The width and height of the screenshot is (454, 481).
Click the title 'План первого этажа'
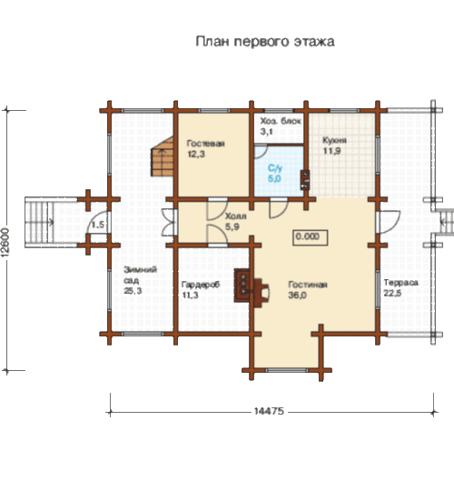pyautogui.click(x=265, y=42)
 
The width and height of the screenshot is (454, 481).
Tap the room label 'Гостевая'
pyautogui.click(x=205, y=144)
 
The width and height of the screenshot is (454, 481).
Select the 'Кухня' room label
pyautogui.click(x=334, y=140)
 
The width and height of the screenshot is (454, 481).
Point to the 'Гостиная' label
pyautogui.click(x=308, y=285)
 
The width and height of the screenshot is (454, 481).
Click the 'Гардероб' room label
pyautogui.click(x=201, y=285)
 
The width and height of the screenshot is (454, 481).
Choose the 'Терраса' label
pyautogui.click(x=401, y=283)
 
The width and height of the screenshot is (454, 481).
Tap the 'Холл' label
pyautogui.click(x=235, y=216)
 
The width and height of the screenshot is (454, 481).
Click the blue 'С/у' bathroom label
pyautogui.click(x=275, y=168)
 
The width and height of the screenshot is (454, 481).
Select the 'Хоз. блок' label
pyautogui.click(x=281, y=121)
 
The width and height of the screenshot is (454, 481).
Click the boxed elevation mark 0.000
pyautogui.click(x=311, y=237)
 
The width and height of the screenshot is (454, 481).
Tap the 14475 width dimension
pyautogui.click(x=270, y=411)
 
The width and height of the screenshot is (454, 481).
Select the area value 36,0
pyautogui.click(x=297, y=296)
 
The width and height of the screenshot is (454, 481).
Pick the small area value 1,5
pyautogui.click(x=98, y=225)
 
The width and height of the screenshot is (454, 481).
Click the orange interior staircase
pyautogui.click(x=163, y=157)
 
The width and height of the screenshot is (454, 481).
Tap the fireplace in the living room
pyautogui.click(x=252, y=287)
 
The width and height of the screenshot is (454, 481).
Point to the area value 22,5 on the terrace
pyautogui.click(x=392, y=293)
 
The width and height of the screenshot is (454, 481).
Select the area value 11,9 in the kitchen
pyautogui.click(x=332, y=151)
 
